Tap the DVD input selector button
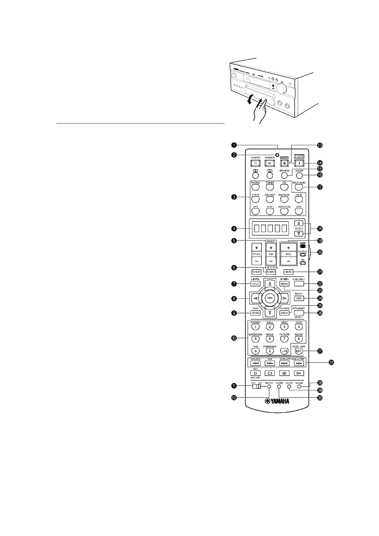tap(298, 211)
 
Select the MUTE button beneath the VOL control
tap(288, 272)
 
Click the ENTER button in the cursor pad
tap(269, 298)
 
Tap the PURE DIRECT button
tap(299, 283)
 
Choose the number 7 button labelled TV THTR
tap(284, 339)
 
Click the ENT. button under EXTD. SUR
tap(298, 351)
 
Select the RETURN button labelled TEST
tap(255, 313)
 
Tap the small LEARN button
tap(279, 386)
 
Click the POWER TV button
tap(255, 163)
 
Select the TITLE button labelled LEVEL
tap(255, 284)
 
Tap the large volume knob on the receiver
tap(281, 88)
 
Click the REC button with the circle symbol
tap(255, 373)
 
